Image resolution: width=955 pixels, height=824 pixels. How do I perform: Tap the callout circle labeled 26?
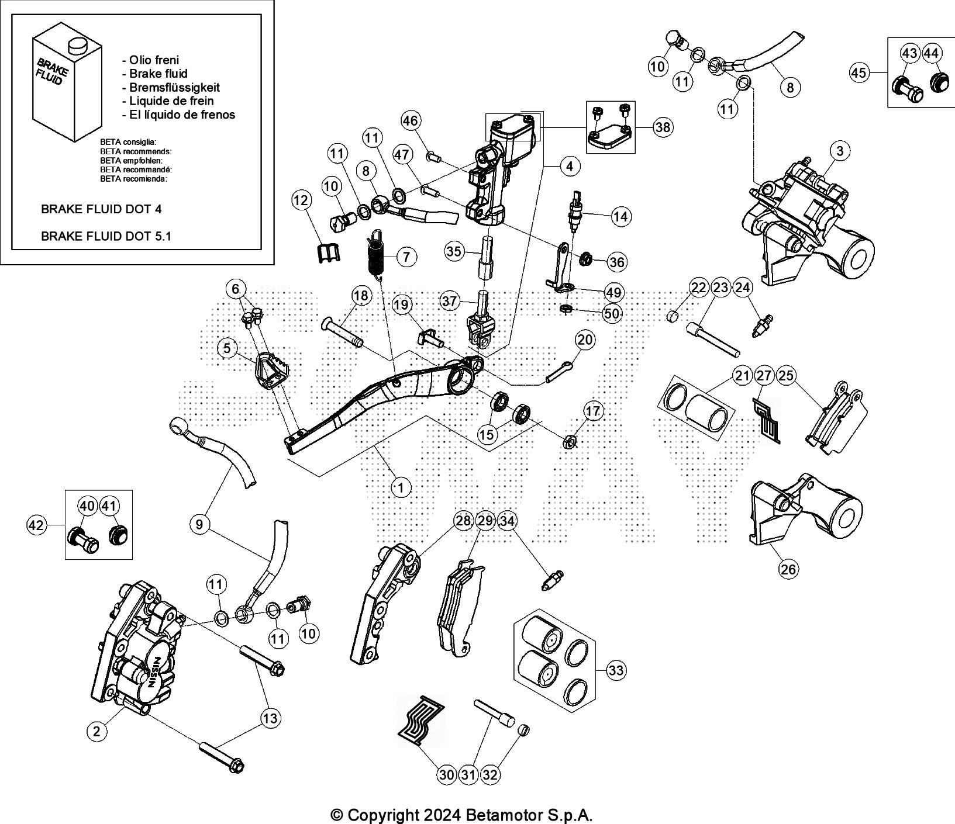(788, 569)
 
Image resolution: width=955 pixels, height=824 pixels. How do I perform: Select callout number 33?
(616, 670)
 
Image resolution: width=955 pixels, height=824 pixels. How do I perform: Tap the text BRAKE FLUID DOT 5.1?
(106, 236)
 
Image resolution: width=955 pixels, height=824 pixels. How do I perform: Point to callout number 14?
(620, 217)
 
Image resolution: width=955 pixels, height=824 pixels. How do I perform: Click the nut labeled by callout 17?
(570, 442)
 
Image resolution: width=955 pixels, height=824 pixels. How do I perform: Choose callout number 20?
(584, 340)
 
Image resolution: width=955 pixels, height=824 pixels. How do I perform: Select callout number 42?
(36, 525)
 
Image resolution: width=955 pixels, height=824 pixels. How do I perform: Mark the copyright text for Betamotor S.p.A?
(461, 815)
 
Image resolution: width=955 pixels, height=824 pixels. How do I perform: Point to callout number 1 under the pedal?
(401, 487)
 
